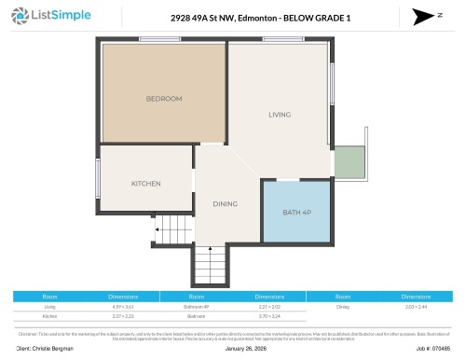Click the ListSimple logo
click(x=47, y=16)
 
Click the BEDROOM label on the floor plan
click(x=163, y=98)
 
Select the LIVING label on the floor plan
click(x=280, y=115)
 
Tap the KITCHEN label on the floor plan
click(x=146, y=183)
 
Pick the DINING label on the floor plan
click(x=225, y=203)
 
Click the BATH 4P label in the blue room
click(x=295, y=213)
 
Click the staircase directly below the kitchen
click(x=171, y=228)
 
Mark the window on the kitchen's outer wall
click(x=98, y=177)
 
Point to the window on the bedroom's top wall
click(x=153, y=38)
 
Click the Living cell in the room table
click(x=50, y=306)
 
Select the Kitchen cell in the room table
click(x=50, y=316)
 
